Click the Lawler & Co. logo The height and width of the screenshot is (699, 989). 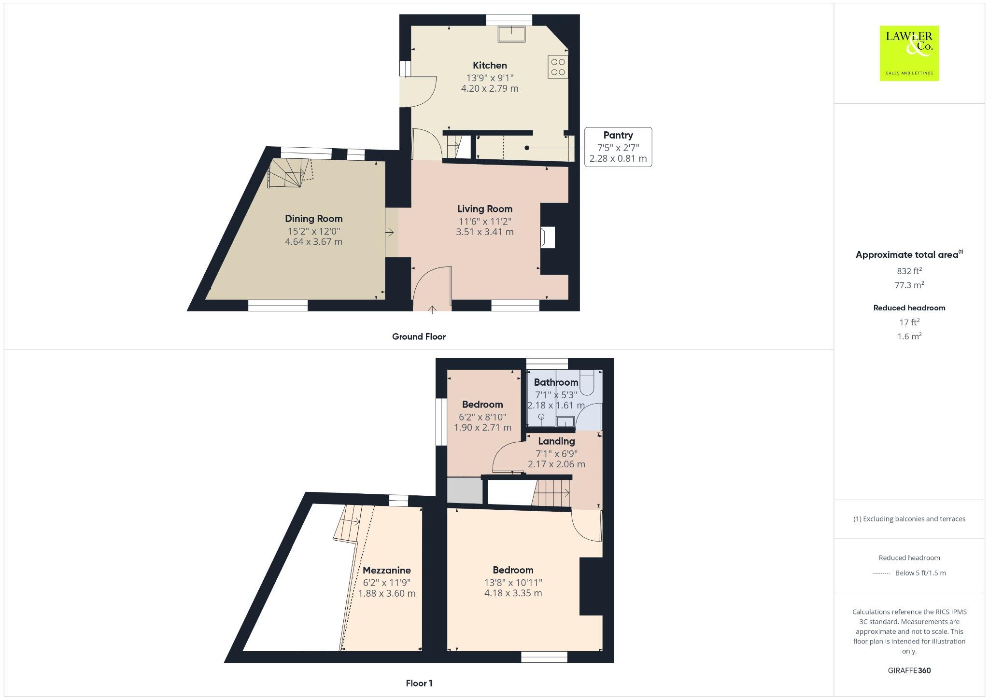point(909,53)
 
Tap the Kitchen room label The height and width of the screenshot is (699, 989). point(490,65)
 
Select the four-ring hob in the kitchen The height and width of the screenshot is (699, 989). point(558,67)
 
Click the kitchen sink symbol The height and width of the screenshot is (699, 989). point(511,34)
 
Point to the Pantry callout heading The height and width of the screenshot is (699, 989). point(618,135)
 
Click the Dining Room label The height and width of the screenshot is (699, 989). point(313,219)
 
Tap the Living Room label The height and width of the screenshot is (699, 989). point(485,209)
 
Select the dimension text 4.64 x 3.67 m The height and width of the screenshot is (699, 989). point(313,241)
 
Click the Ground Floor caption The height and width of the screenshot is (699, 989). point(419,336)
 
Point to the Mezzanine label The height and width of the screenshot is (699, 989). point(386,570)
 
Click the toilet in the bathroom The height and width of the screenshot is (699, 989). point(586,381)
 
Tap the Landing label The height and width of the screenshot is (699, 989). point(556,441)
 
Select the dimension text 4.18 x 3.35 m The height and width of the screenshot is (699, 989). point(513,593)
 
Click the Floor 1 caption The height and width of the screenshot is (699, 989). point(419,683)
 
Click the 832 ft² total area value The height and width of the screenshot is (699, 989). point(909,271)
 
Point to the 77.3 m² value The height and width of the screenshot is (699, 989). point(909,285)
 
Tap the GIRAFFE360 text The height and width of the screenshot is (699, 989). point(909,670)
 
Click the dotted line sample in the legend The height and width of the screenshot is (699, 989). point(881,573)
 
